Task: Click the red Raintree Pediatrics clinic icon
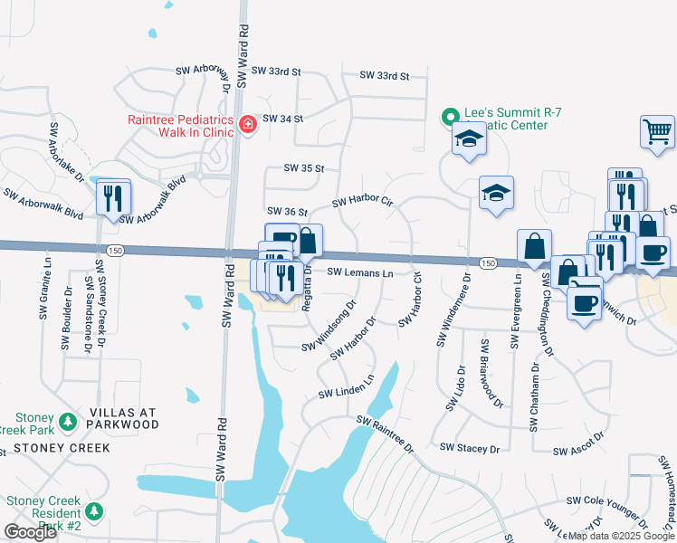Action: [247, 126]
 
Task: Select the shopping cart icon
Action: [657, 131]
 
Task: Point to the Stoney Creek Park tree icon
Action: [67, 423]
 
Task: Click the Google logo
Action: [30, 532]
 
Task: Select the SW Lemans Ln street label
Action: [359, 272]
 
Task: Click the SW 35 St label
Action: [303, 168]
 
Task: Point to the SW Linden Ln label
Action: [346, 388]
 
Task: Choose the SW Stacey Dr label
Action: [470, 448]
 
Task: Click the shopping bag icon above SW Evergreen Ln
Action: [534, 244]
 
